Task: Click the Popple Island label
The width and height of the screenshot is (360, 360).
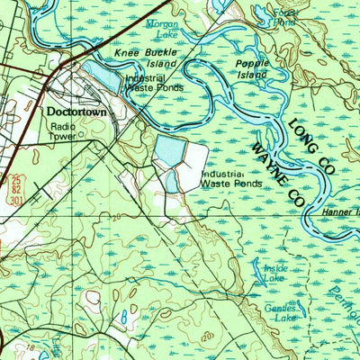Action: click(x=252, y=70)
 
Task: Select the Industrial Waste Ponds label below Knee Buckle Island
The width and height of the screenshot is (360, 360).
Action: click(x=155, y=84)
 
